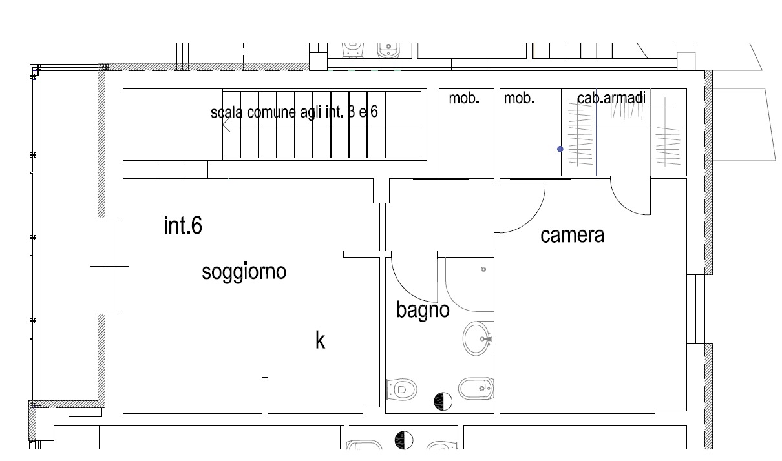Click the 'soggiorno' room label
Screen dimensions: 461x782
coord(244,272)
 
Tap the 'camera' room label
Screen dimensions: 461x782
coord(572,235)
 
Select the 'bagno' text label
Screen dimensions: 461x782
coord(423,310)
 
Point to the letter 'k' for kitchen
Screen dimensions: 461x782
coord(320,340)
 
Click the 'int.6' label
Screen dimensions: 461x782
coord(183,226)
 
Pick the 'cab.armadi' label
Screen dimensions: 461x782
coord(611,98)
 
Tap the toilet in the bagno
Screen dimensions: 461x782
coord(401,389)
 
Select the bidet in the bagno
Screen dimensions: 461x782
coord(476,389)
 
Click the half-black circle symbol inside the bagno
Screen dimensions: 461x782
coord(442,401)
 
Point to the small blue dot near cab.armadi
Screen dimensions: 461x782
coord(560,149)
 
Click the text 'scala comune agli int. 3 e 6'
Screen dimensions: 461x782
coord(294,112)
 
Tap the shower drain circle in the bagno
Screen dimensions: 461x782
coord(483,269)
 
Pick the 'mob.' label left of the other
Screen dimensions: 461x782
coord(464,98)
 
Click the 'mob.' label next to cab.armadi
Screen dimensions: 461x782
coord(519,98)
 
